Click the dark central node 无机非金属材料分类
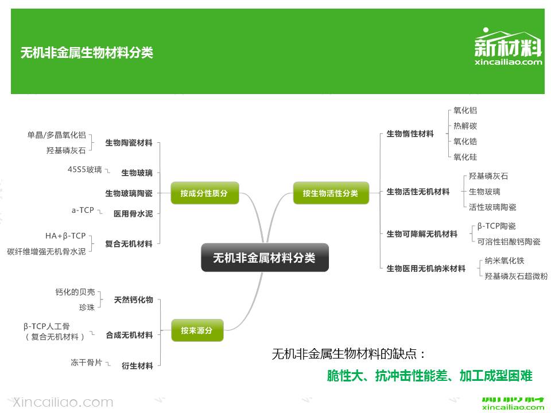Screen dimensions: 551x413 265,258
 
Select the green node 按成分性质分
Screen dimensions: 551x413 204,193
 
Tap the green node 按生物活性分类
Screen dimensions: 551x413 330,193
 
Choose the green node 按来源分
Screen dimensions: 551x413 197,330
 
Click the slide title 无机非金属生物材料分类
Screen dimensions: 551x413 87,53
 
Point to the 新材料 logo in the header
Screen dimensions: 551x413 509,48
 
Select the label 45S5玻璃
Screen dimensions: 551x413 84,169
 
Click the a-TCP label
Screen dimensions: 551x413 83,211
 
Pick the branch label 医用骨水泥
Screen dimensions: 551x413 133,214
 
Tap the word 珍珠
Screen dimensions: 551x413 87,307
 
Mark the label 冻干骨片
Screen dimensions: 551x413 86,363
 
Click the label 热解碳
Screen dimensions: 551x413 465,126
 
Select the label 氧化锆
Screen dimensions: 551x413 465,141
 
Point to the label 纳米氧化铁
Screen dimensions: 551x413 505,260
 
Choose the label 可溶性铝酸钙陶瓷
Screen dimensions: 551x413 509,241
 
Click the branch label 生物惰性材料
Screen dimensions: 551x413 410,134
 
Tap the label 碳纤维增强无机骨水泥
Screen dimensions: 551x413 46,251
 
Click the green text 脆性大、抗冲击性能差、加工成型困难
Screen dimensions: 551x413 429,376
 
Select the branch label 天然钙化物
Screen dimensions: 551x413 133,300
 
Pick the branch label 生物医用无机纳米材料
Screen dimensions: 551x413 426,268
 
